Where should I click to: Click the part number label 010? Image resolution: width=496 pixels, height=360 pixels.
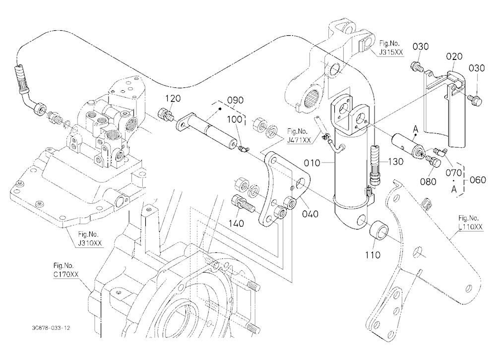[x=312, y=163]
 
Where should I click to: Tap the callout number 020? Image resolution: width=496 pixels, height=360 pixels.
[x=454, y=57]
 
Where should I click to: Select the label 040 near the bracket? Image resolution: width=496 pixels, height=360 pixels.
[x=310, y=214]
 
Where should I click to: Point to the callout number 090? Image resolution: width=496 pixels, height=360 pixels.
[x=236, y=100]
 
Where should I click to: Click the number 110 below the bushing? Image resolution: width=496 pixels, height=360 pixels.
[x=372, y=255]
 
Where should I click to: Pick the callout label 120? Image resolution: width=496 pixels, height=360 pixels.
[x=173, y=98]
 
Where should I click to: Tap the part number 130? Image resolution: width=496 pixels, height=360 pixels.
[x=395, y=162]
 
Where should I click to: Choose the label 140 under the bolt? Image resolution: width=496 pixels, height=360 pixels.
[x=236, y=223]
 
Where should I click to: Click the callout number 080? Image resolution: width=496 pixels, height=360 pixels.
[x=429, y=181]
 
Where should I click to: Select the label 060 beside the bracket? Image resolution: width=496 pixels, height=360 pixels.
[x=478, y=180]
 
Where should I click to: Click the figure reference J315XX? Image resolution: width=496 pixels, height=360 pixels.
[x=391, y=52]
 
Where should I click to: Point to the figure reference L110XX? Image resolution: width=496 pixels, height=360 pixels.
[x=471, y=227]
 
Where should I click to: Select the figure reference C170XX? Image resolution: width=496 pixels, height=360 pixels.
[x=66, y=275]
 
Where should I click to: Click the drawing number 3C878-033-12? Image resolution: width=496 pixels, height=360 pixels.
[x=51, y=328]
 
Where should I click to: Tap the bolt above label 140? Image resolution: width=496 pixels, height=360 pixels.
[x=244, y=204]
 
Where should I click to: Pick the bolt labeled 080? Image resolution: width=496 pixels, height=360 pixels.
[x=433, y=161]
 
